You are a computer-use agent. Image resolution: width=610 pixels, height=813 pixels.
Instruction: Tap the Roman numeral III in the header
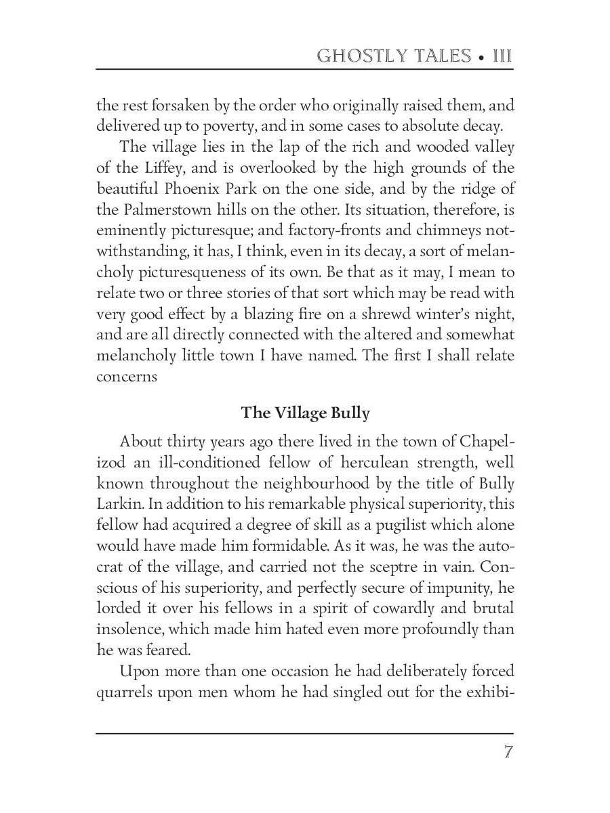pos(502,56)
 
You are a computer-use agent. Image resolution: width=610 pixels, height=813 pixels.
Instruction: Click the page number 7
pos(508,753)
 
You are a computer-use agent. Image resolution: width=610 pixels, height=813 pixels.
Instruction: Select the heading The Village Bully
pos(305,413)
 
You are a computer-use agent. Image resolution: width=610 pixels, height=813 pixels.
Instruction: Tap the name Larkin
pos(119,504)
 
